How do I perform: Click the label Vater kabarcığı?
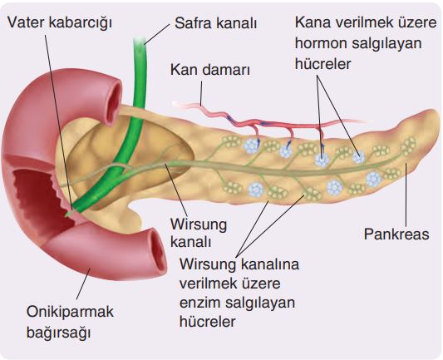[x=60, y=22]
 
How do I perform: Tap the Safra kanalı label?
[x=215, y=23]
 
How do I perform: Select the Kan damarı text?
[x=210, y=70]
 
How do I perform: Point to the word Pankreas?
[x=396, y=234]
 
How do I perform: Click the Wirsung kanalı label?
[x=199, y=234]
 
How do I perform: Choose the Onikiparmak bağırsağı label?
[x=70, y=322]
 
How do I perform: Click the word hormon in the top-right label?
[x=321, y=43]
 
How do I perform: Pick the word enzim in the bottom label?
[x=200, y=303]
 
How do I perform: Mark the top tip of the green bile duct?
[x=140, y=39]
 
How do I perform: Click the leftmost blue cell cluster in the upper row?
[x=252, y=145]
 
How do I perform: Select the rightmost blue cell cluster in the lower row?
[x=373, y=179]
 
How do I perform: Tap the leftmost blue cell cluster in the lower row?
[x=256, y=190]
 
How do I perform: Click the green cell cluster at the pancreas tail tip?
[x=409, y=146]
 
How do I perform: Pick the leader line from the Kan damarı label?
[x=201, y=93]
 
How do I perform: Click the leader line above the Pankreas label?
[x=406, y=195]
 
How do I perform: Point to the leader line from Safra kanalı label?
[x=157, y=34]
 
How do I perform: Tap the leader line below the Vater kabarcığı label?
[x=58, y=123]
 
